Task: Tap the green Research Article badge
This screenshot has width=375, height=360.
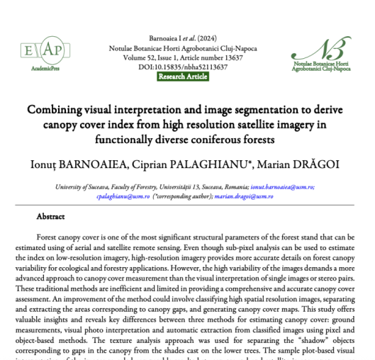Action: pyautogui.click(x=187, y=77)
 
